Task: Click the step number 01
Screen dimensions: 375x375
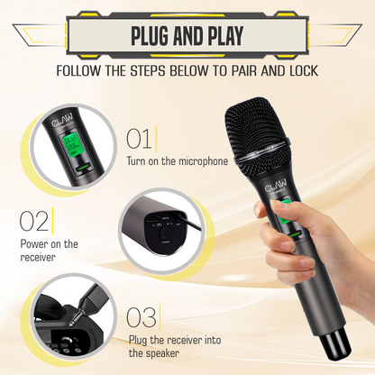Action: pos(139,139)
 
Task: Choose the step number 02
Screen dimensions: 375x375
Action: pos(33,222)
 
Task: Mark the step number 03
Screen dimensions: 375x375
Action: pos(141,317)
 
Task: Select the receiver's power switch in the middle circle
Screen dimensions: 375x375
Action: pos(162,237)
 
